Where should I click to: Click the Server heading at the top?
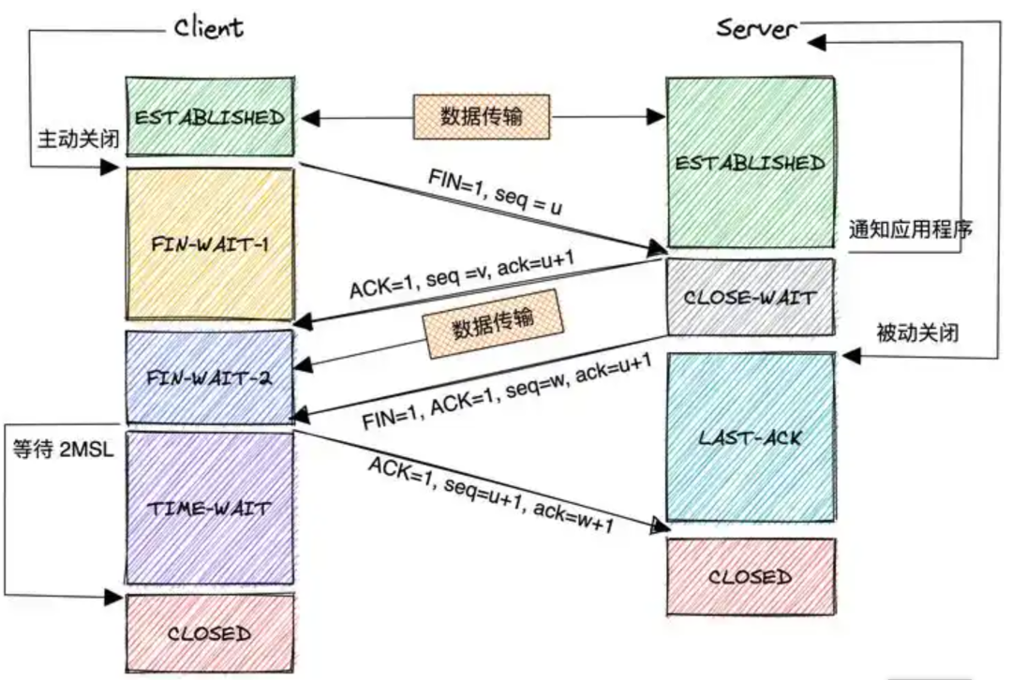tap(756, 27)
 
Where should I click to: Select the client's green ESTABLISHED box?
tap(210, 118)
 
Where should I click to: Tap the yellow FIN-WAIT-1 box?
tap(210, 244)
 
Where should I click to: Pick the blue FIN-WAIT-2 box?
tap(210, 377)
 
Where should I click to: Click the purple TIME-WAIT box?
tap(210, 509)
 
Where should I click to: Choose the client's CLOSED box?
tap(210, 633)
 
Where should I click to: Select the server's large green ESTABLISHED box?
tap(750, 162)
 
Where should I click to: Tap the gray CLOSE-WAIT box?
tap(750, 298)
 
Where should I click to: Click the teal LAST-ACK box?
tap(750, 436)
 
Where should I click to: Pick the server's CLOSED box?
tap(750, 577)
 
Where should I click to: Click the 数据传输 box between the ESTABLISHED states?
tap(482, 117)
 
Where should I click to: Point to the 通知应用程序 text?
tap(909, 229)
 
